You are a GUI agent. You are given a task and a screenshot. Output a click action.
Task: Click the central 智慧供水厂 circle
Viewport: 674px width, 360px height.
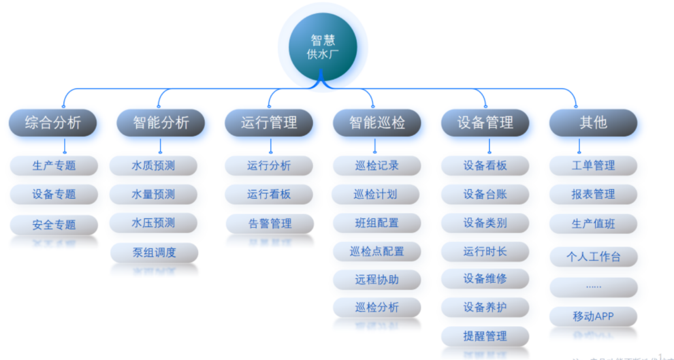pos(322,47)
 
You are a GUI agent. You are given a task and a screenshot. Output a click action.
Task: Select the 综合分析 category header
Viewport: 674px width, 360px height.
pos(53,123)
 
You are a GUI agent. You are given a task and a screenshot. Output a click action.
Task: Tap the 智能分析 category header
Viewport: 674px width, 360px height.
pos(161,123)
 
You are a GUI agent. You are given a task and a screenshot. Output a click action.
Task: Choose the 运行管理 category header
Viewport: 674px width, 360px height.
pos(269,123)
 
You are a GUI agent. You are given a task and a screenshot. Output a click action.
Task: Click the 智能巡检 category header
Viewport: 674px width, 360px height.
pos(377,123)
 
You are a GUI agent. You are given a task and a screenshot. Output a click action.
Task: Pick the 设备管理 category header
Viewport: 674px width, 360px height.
pos(485,123)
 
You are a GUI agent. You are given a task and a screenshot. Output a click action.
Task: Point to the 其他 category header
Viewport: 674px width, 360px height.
pos(593,123)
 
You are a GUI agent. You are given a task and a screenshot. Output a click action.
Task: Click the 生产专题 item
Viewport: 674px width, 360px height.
pos(54,166)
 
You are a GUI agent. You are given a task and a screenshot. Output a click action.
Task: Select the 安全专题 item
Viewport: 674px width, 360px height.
pos(54,225)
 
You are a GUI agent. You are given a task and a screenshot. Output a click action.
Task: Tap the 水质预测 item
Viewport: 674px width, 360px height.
pos(153,166)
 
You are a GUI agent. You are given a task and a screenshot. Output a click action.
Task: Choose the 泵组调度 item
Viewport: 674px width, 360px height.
pos(154,253)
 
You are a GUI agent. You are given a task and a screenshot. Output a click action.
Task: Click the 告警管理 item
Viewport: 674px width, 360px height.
pos(270,224)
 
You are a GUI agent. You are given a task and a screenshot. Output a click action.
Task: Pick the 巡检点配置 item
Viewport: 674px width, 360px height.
pos(377,252)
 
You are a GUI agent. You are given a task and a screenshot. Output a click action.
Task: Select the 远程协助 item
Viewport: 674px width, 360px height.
pos(377,280)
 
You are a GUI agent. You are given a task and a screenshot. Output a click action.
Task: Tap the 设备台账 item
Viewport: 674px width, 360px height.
pos(485,194)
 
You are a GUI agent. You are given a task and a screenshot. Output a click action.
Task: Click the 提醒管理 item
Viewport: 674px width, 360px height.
pos(485,336)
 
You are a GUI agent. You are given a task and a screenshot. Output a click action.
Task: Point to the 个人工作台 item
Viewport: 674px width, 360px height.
pos(593,257)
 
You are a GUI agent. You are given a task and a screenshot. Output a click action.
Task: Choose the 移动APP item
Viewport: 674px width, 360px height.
pos(593,316)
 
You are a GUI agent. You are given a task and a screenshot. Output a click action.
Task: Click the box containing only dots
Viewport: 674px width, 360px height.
pos(593,287)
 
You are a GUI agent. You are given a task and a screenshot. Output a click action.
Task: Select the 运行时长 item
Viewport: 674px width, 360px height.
pos(485,252)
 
